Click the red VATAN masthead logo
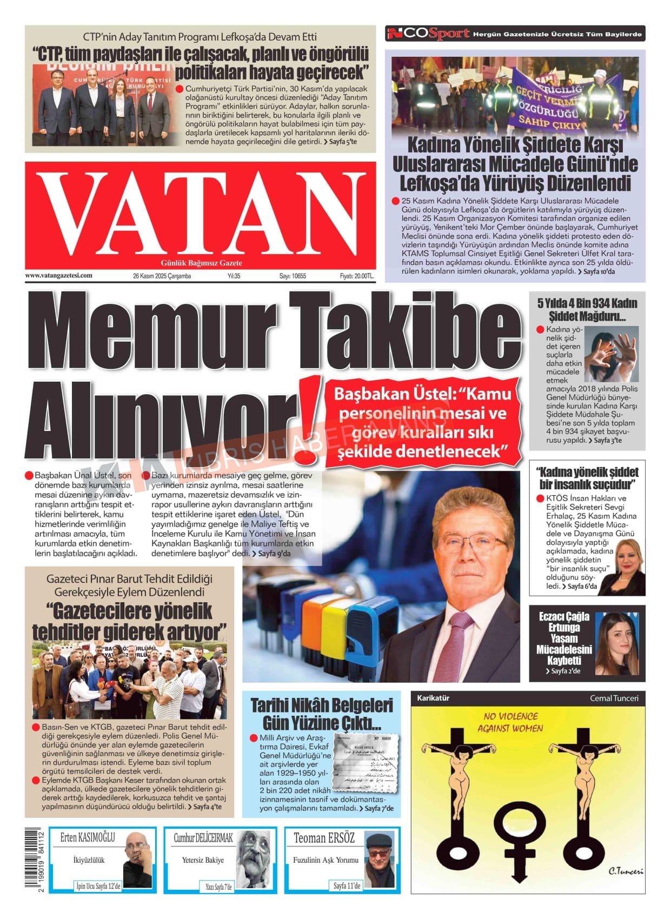click(x=200, y=215)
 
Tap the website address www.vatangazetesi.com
click(x=58, y=275)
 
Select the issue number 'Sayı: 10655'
click(x=293, y=276)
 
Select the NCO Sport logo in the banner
click(x=428, y=34)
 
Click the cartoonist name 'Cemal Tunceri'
click(x=614, y=698)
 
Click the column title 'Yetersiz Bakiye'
click(x=203, y=860)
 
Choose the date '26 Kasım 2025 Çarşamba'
click(x=162, y=276)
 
